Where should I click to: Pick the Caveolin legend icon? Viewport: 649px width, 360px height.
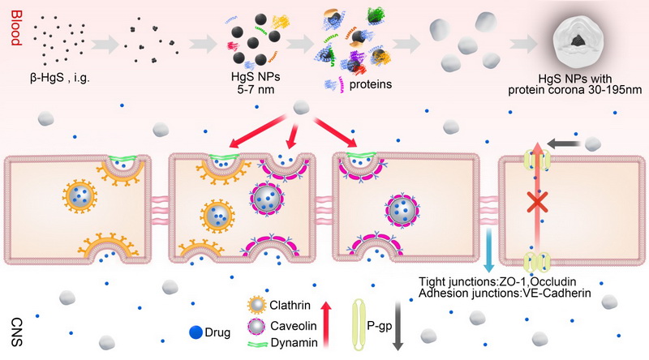click(x=258, y=329)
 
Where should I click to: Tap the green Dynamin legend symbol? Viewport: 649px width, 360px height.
click(x=259, y=347)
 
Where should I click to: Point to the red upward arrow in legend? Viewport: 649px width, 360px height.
click(x=326, y=324)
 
